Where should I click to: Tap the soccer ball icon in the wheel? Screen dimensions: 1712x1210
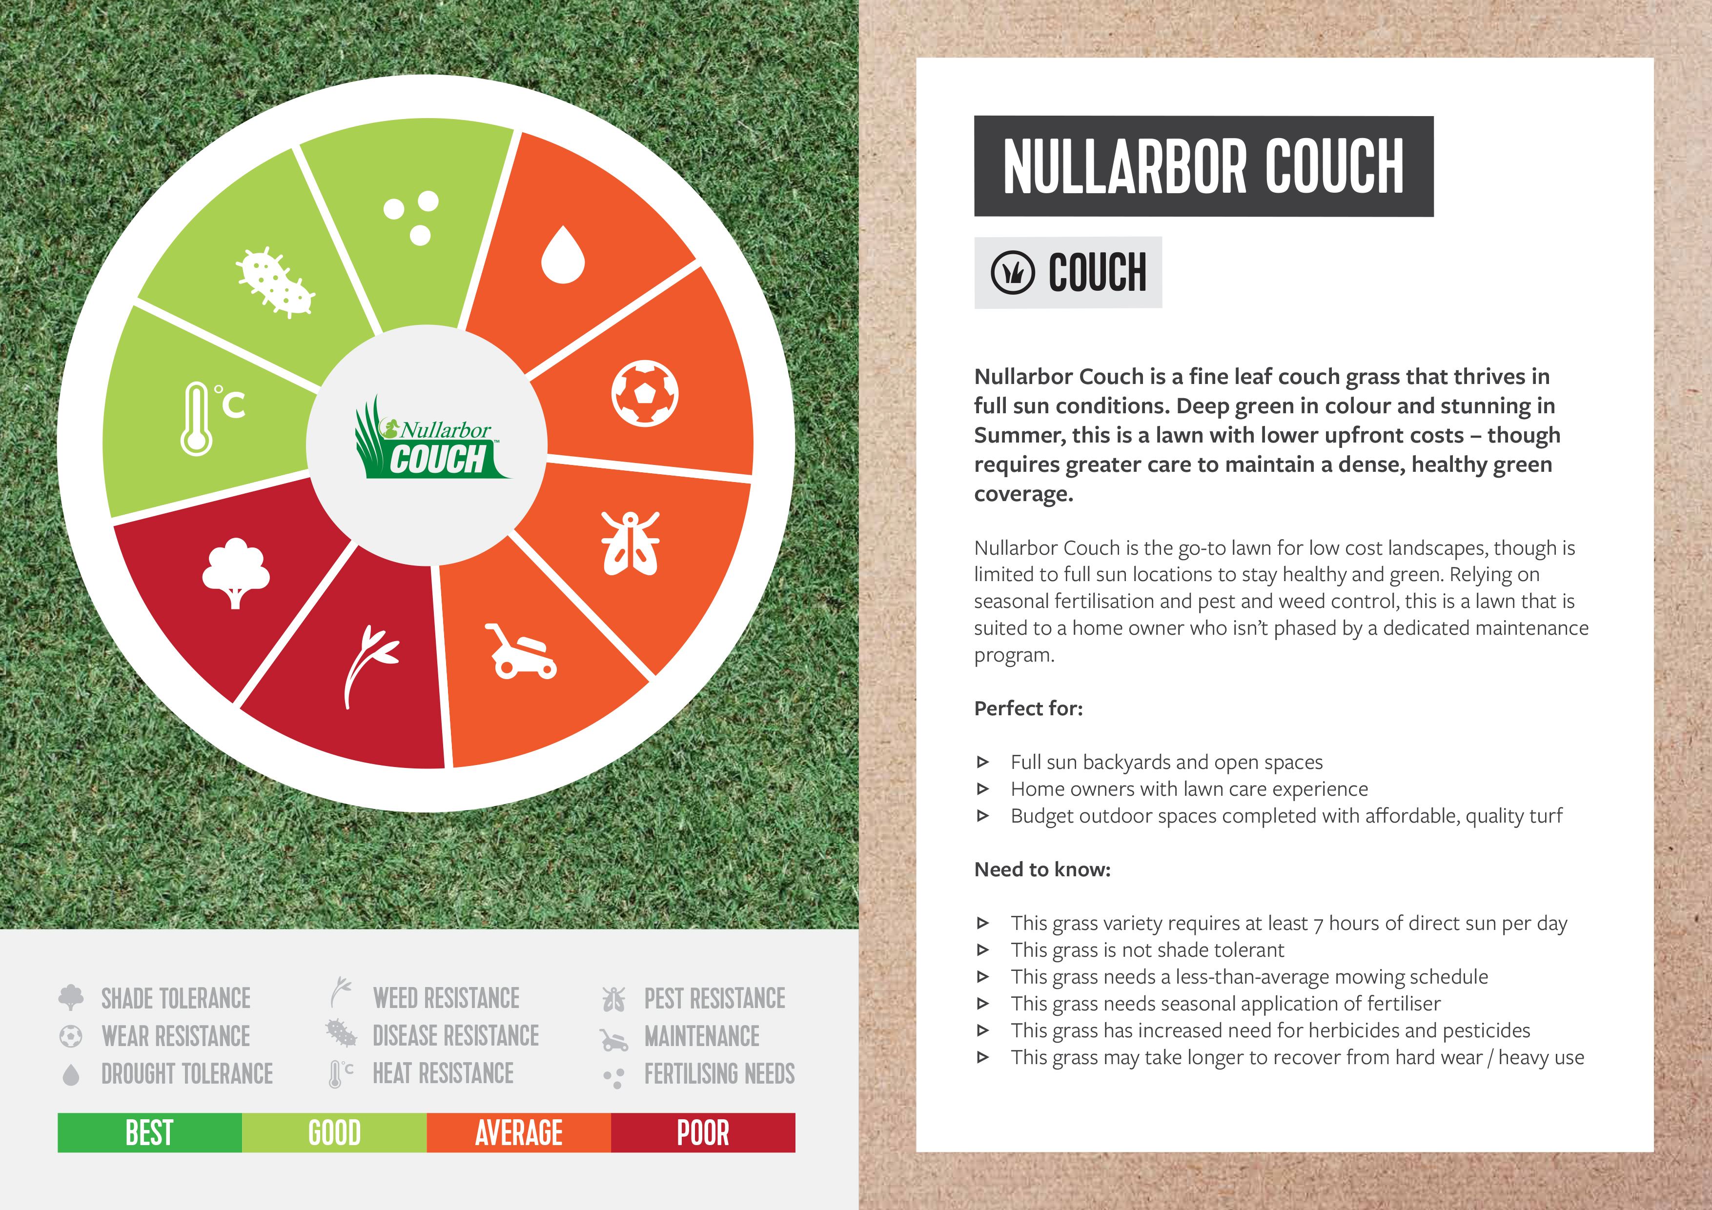point(645,394)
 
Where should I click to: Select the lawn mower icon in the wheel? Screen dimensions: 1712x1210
point(522,652)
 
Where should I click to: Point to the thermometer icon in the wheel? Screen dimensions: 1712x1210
point(212,418)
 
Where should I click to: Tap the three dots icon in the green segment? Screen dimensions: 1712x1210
point(411,218)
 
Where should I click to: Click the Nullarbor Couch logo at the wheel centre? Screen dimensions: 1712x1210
point(431,440)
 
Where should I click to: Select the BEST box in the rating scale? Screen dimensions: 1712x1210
point(150,1132)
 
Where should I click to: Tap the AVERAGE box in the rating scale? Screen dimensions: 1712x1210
point(519,1132)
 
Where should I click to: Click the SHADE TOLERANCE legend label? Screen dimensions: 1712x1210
point(176,998)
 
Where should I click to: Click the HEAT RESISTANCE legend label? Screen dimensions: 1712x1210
point(443,1073)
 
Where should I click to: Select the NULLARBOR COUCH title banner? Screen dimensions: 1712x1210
point(1203,166)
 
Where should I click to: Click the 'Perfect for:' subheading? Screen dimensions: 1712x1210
point(1028,708)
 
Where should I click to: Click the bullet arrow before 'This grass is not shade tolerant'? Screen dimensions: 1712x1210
point(983,950)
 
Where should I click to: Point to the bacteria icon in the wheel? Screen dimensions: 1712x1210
point(276,282)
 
